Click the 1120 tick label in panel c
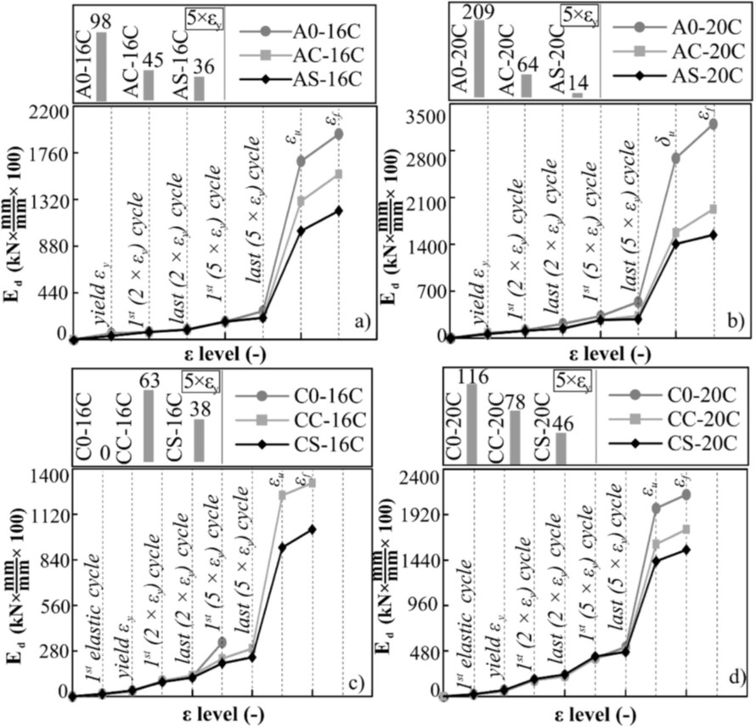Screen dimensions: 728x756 tap(48, 514)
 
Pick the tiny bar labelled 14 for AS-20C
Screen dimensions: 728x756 tap(578, 94)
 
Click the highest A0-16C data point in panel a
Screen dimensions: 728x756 tap(338, 133)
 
